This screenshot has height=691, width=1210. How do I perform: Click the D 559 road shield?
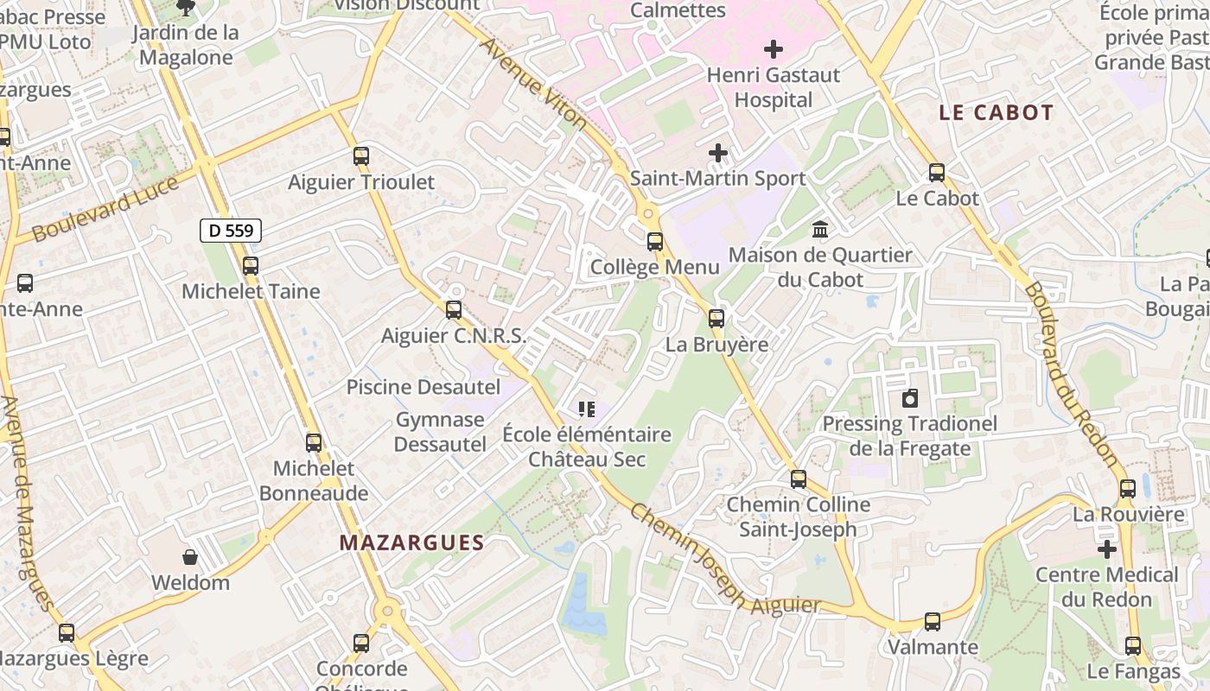tap(231, 231)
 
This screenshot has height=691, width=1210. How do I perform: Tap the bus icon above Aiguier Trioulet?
tap(361, 156)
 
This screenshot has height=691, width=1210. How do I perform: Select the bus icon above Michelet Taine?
tap(251, 266)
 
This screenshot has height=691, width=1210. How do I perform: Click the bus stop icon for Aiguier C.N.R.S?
tap(454, 310)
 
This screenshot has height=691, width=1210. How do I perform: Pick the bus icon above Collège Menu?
tap(655, 242)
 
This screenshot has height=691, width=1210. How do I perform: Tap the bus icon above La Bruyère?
tap(716, 319)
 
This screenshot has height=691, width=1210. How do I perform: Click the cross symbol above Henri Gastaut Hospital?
tap(774, 49)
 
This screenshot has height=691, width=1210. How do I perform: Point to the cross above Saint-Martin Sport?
tap(717, 153)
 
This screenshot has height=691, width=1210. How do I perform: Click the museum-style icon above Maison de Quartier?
tap(820, 230)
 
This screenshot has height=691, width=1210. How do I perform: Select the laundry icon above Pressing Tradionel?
tap(909, 398)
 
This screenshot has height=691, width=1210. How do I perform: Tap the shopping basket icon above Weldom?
tap(190, 557)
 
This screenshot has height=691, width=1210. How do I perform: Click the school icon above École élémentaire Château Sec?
tap(587, 409)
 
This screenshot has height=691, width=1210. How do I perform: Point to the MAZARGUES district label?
tap(411, 542)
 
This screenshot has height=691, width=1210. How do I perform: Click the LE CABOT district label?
tap(997, 112)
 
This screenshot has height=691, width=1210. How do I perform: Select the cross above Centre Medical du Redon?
tap(1107, 548)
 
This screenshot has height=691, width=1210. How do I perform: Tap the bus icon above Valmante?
tap(933, 622)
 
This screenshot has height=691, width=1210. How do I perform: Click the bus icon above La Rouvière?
tap(1128, 489)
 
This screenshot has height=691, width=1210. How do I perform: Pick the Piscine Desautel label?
tap(423, 386)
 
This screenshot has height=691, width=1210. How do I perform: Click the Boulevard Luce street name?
tap(105, 209)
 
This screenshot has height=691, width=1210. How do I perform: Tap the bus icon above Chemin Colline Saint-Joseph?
tap(799, 479)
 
